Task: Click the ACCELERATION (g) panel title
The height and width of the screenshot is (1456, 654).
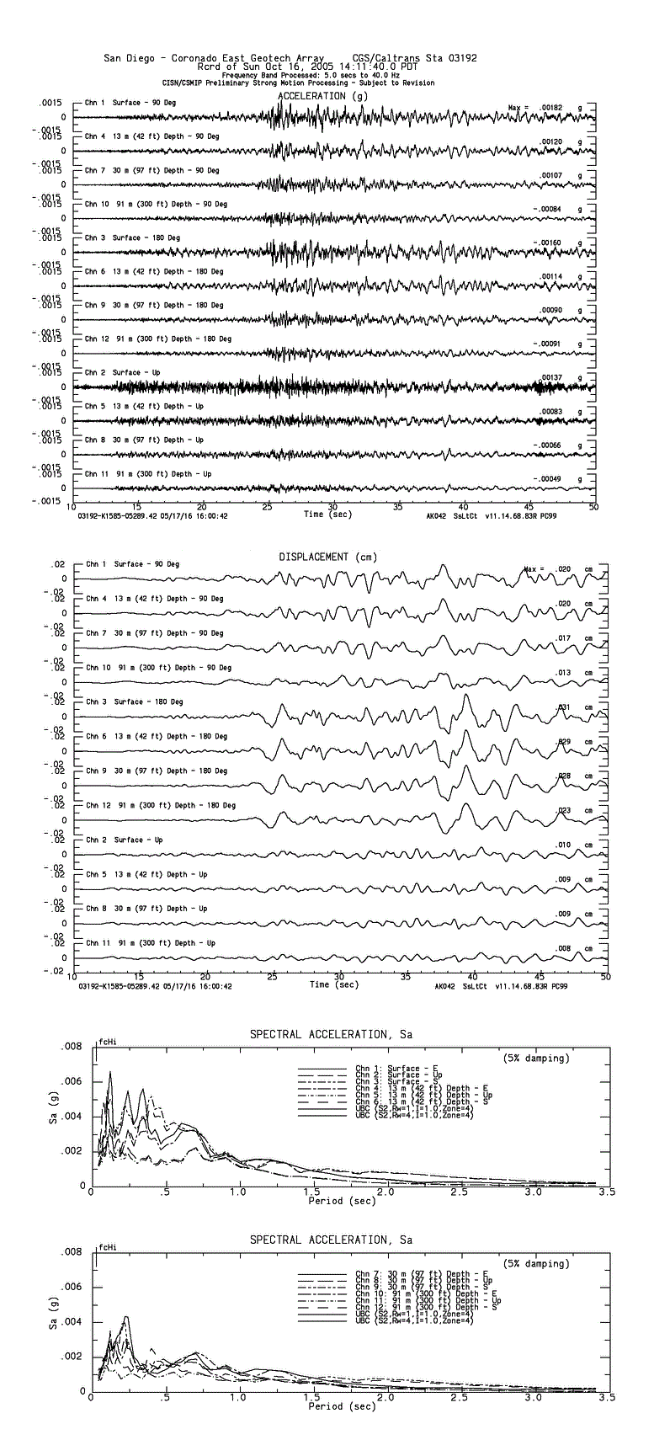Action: (x=323, y=96)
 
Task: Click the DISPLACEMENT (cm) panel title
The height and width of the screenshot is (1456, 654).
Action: (x=327, y=557)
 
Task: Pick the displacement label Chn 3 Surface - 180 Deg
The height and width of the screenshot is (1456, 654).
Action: (x=134, y=701)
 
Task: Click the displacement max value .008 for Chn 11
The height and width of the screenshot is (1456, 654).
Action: (x=564, y=948)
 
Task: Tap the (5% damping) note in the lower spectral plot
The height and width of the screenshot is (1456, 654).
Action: (x=535, y=1263)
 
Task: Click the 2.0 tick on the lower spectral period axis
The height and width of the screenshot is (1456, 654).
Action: (x=387, y=1397)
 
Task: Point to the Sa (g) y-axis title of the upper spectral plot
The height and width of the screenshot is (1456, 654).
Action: (x=53, y=1117)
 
